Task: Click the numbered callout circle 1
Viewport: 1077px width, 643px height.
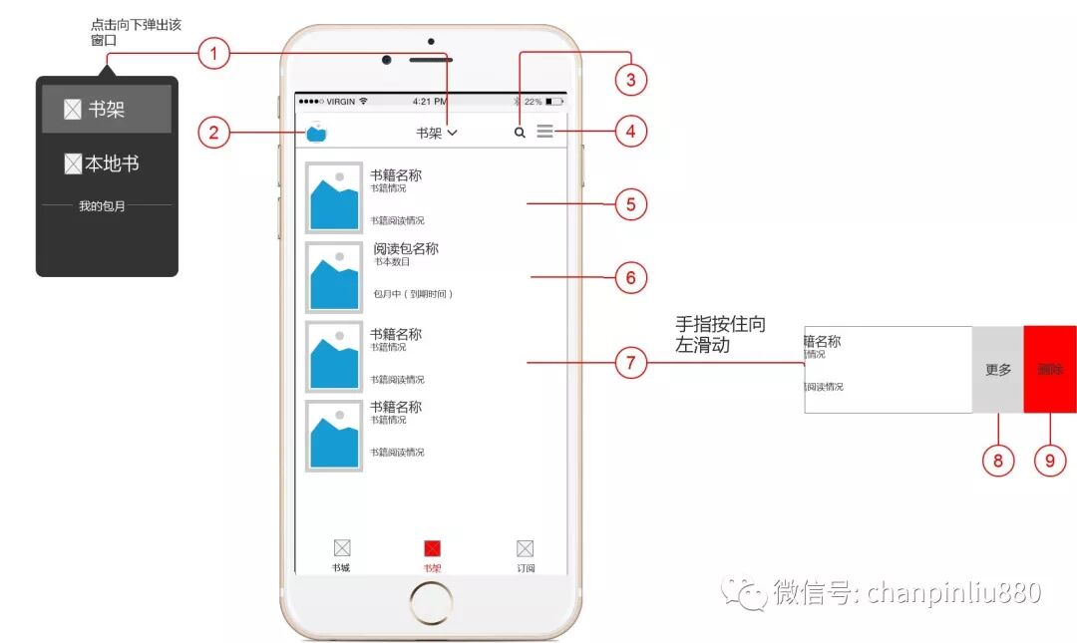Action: coord(213,53)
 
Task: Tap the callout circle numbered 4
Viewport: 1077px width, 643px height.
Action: coord(630,131)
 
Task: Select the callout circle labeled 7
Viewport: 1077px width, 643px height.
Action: coord(630,363)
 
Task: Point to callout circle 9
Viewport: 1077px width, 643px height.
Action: coord(1049,460)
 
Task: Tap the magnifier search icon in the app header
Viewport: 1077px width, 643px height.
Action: coord(520,132)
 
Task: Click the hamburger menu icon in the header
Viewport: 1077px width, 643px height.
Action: coord(544,131)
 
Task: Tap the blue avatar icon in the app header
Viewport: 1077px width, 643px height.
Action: coord(317,132)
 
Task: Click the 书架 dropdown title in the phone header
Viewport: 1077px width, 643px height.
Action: coord(436,133)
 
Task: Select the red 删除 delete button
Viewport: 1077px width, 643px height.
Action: coord(1050,369)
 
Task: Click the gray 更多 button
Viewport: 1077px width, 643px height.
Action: coord(998,369)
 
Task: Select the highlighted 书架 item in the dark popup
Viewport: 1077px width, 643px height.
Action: coord(107,110)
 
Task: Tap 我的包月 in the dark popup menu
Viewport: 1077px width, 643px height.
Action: coord(107,206)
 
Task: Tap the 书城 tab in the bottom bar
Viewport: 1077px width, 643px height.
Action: coord(342,554)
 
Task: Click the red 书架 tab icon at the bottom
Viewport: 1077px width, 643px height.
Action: coord(433,549)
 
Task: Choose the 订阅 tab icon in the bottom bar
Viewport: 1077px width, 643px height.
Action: coord(526,554)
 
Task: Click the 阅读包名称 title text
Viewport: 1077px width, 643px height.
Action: coord(406,249)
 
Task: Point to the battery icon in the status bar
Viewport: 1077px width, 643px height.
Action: coord(554,102)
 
